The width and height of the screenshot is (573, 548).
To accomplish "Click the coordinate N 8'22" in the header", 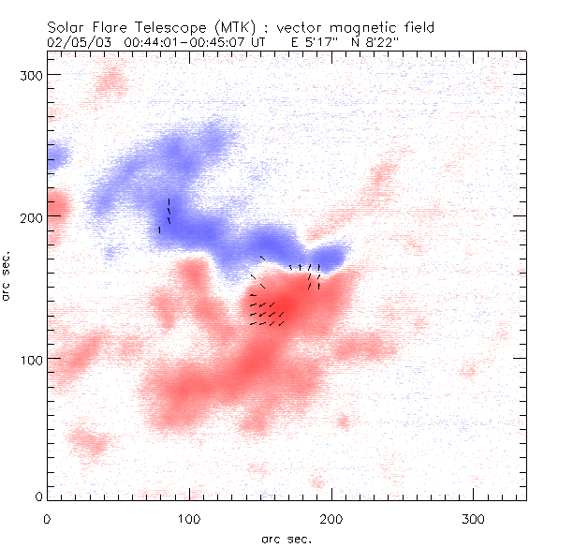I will click(377, 43).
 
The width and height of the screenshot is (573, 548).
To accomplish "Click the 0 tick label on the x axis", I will click(47, 518).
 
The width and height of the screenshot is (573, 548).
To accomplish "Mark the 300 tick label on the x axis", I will click(474, 518).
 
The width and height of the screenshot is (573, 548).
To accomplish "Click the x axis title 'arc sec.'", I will click(286, 539).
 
